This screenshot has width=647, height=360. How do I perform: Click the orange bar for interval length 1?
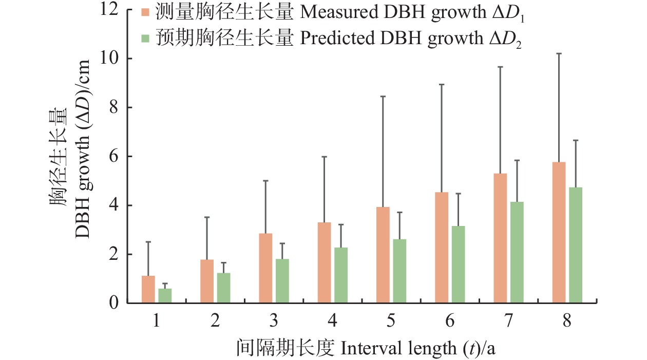[x=148, y=290]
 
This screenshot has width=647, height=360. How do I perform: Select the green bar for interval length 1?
[x=165, y=296]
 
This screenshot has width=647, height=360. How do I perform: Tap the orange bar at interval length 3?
[x=265, y=268]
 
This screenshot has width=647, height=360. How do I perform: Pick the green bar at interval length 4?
[x=341, y=275]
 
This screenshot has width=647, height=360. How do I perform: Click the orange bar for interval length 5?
[x=383, y=255]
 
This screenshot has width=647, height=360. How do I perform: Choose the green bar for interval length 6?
[x=459, y=264]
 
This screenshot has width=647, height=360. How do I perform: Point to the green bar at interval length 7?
[x=517, y=252]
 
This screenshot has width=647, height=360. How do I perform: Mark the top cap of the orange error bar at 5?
[x=383, y=97]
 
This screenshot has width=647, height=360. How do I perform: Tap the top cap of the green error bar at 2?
[x=223, y=263]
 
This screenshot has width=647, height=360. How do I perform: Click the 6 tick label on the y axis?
[x=114, y=156]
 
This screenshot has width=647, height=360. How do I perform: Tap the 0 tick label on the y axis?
[x=114, y=303]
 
